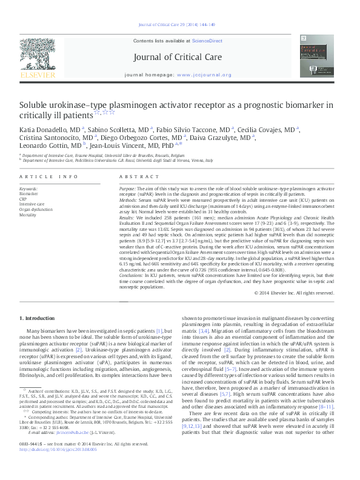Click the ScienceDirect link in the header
pyautogui.click(x=207, y=40)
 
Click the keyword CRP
pyautogui.click(x=23, y=198)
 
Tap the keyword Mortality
pyautogui.click(x=28, y=215)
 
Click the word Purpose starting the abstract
pyautogui.click(x=128, y=189)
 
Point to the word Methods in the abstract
pyautogui.click(x=128, y=199)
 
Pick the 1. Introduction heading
pyautogui.click(x=37, y=318)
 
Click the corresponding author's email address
pyautogui.click(x=65, y=451)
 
